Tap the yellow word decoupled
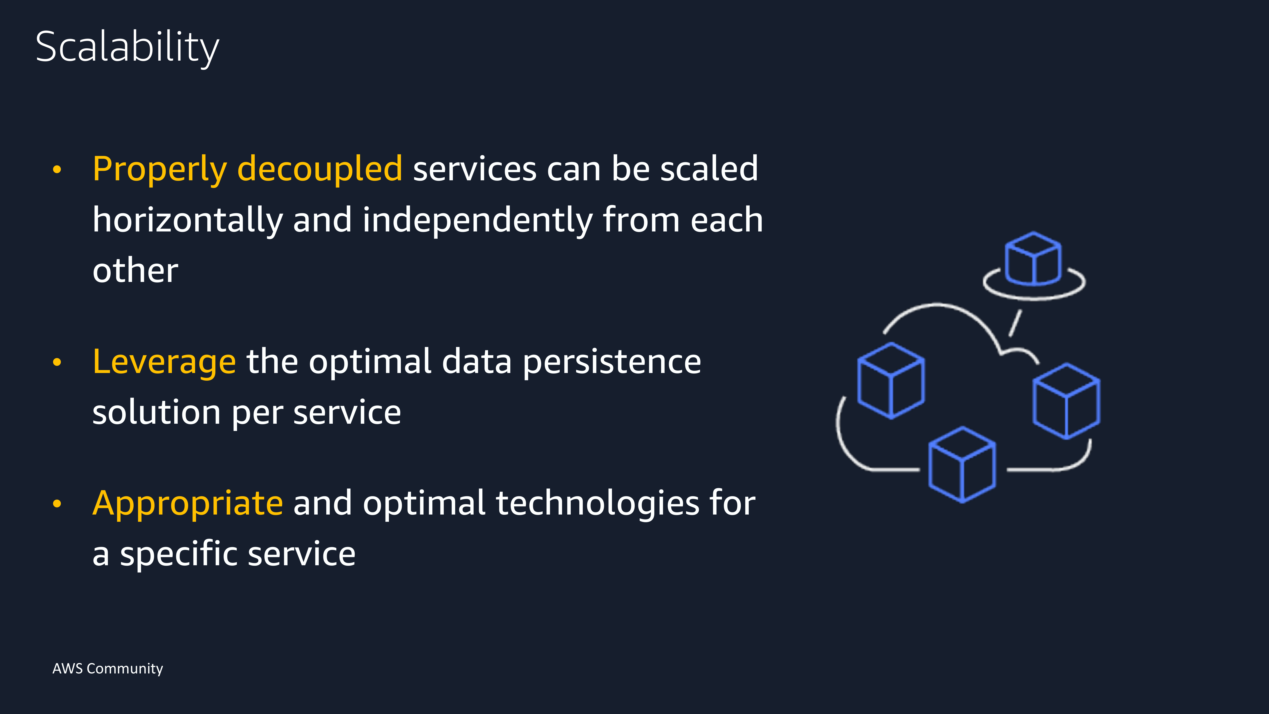320,169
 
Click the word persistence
612,362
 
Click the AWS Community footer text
107,669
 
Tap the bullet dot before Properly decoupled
57,170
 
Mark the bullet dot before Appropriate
57,503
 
